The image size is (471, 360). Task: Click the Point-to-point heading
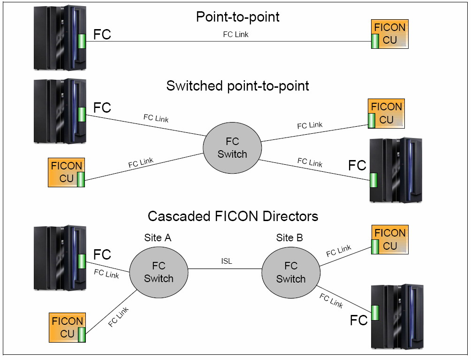point(237,17)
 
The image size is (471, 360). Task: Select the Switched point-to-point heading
point(237,86)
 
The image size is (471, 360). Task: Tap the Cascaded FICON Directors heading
point(233,216)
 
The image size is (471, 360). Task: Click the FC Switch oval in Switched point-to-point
point(232,147)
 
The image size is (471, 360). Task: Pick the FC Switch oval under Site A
point(159,272)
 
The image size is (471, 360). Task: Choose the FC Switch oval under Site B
point(290,272)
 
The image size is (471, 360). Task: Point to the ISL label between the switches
point(227,261)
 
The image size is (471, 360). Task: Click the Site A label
point(158,238)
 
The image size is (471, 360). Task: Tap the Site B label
point(289,238)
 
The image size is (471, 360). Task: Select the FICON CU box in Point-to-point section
point(389,34)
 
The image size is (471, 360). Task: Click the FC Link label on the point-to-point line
point(235,34)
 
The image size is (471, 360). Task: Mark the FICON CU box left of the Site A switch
point(67,328)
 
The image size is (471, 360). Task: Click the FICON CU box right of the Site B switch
point(389,239)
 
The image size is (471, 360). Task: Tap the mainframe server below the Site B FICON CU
point(396,316)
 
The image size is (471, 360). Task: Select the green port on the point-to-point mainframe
point(82,41)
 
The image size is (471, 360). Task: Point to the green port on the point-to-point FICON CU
point(375,41)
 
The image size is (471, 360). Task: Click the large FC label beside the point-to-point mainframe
point(102,35)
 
